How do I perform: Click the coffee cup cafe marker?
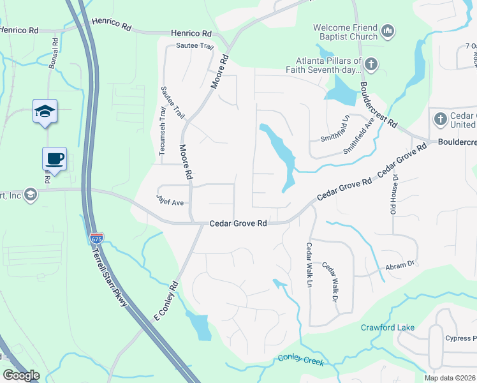[x=54, y=158]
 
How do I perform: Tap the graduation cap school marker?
[x=45, y=111]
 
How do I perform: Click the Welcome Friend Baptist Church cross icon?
[x=387, y=31]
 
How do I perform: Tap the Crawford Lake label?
[x=388, y=327]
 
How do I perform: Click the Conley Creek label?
[x=300, y=360]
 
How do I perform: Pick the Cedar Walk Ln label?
[x=309, y=264]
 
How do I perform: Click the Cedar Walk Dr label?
[x=329, y=282]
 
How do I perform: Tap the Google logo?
[x=21, y=375]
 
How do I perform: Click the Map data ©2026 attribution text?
[x=450, y=378]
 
